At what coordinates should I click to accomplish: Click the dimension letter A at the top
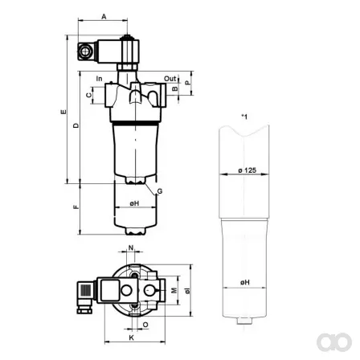104,17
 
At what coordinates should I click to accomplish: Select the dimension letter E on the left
63,112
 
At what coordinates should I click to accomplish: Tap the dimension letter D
76,125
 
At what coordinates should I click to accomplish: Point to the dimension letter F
76,207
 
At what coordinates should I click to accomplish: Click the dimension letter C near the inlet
88,95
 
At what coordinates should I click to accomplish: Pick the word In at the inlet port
99,79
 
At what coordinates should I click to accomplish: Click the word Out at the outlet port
170,79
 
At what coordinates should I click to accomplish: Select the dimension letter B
175,88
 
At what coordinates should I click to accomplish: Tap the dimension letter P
188,83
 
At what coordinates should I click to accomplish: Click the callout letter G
160,191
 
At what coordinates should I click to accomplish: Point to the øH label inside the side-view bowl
134,203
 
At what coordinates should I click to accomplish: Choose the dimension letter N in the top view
131,248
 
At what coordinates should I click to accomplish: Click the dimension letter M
174,290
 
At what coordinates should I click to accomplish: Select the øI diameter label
188,291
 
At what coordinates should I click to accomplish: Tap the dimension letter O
145,325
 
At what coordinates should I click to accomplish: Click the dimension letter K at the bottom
132,337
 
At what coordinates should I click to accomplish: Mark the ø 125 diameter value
247,170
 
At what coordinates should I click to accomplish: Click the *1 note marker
244,117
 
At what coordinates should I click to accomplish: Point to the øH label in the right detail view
245,282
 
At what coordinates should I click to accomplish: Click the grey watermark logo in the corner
334,342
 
